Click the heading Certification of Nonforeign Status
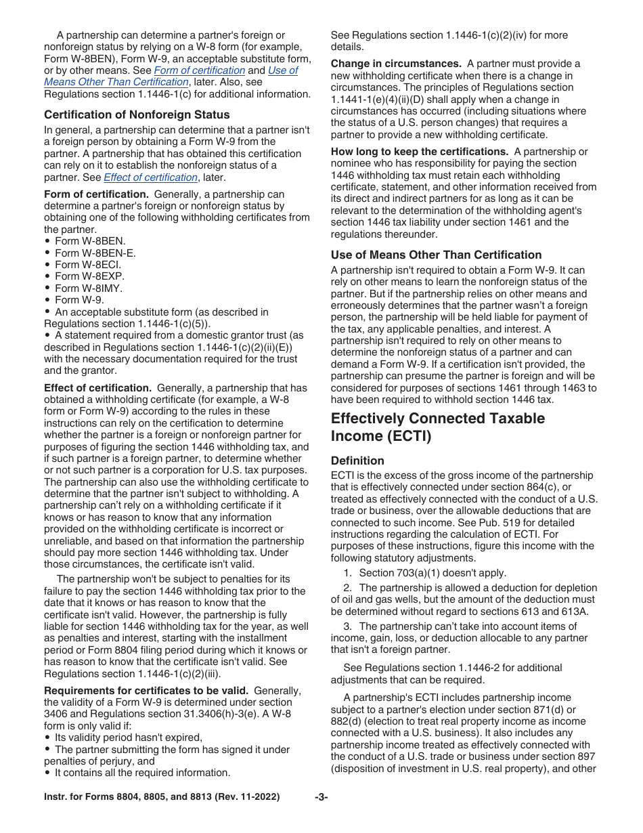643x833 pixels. pyautogui.click(x=137, y=114)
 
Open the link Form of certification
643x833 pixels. pyautogui.click(x=199, y=70)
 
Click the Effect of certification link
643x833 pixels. pyautogui.click(x=150, y=177)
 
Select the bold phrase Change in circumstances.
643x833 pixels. pyautogui.click(x=395, y=64)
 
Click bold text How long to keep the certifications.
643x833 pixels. pyautogui.click(x=419, y=152)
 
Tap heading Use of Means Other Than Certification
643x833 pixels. pyautogui.click(x=436, y=255)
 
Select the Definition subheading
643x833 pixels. pyautogui.click(x=357, y=461)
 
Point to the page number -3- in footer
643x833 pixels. pyautogui.click(x=321, y=797)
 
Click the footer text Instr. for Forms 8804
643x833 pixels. pyautogui.click(x=161, y=797)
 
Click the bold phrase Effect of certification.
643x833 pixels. pyautogui.click(x=97, y=388)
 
